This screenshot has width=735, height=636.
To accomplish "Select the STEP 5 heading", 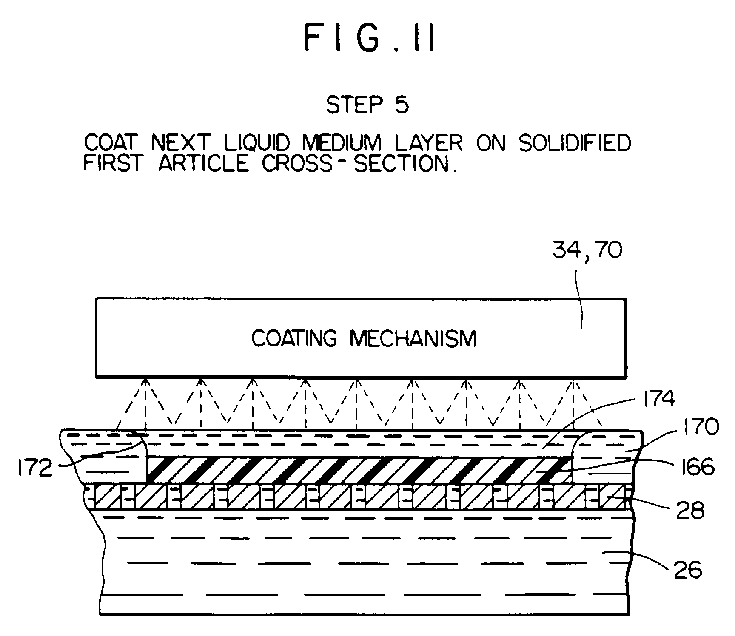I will tap(367, 105).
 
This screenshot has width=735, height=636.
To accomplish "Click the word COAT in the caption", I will tap(111, 143).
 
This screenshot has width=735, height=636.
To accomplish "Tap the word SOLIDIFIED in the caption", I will tap(574, 143).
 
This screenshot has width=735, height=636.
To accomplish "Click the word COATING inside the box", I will tap(294, 338).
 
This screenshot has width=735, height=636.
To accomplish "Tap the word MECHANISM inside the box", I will tap(413, 338).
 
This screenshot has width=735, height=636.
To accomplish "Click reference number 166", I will tap(694, 467).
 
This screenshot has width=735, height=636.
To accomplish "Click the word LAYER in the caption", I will tap(429, 143).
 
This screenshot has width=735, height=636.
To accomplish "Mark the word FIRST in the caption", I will tap(112, 163).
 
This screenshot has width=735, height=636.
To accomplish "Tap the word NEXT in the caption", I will tap(180, 143).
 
